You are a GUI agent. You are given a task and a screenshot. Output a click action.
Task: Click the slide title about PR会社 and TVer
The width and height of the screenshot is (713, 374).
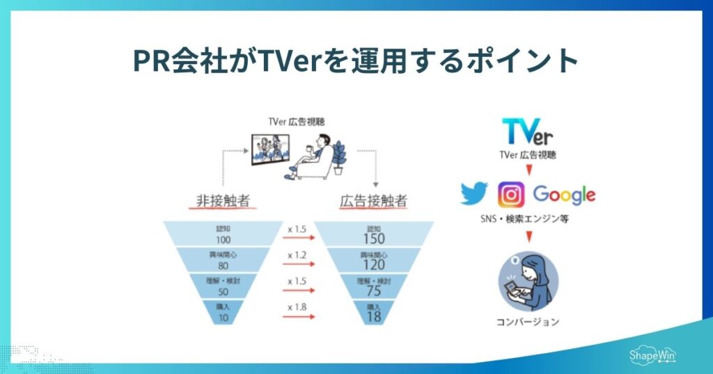tap(356, 60)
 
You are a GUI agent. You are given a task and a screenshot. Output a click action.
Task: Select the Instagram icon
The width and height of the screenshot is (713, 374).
tap(511, 195)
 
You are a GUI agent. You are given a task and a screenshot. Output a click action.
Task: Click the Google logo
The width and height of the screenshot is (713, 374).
tap(564, 195)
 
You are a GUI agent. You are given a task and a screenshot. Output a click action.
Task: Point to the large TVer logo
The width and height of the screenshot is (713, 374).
tap(528, 131)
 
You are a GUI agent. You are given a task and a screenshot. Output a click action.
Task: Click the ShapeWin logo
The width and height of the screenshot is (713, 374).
tap(652, 355)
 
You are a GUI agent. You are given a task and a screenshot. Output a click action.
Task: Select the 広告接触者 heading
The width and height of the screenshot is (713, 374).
tap(373, 202)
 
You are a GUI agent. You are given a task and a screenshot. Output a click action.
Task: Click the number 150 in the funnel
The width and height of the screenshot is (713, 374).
tap(374, 238)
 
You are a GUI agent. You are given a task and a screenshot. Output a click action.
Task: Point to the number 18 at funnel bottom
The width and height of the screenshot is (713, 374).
tap(374, 317)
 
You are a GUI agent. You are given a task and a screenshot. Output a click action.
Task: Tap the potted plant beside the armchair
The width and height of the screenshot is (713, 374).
tap(340, 158)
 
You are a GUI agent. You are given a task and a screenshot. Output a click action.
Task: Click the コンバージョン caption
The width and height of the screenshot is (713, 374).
tap(528, 322)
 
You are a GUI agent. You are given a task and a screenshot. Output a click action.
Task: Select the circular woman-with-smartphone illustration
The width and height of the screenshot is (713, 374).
tap(528, 282)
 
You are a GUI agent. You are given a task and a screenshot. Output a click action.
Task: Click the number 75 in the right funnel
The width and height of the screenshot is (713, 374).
tap(374, 291)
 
